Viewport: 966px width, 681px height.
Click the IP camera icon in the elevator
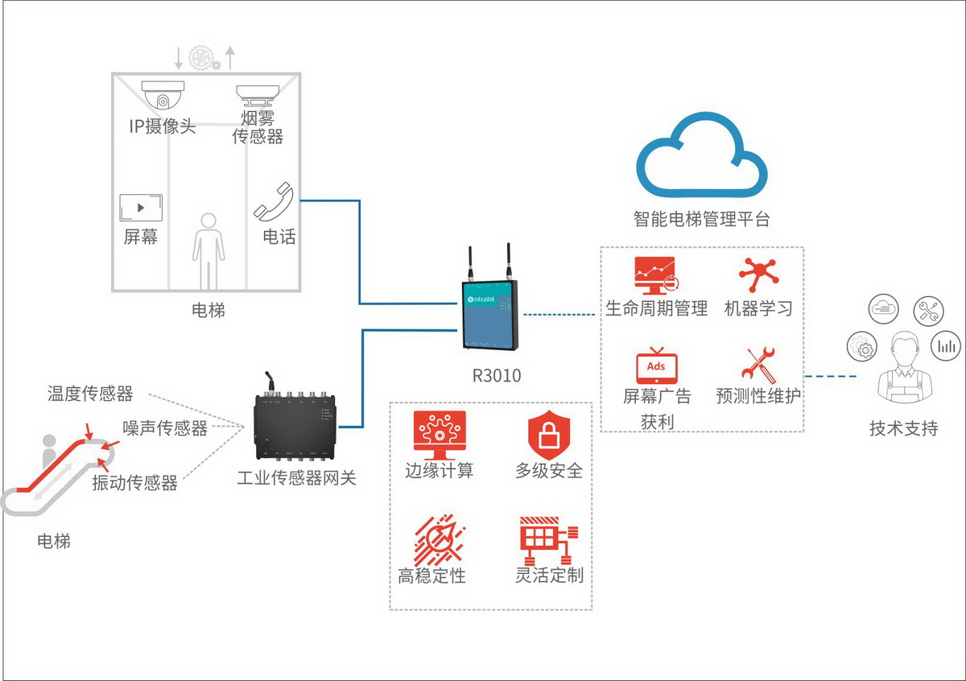point(164,96)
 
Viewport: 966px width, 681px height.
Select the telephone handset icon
point(275,201)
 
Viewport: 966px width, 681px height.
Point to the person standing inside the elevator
point(208,250)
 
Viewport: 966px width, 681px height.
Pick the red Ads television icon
point(657,369)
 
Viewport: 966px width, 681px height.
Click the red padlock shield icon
point(549,435)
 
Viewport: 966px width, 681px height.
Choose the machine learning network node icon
point(758,276)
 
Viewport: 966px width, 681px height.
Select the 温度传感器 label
point(89,394)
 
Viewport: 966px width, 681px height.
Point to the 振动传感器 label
point(134,483)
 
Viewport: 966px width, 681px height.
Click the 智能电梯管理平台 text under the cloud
point(701,219)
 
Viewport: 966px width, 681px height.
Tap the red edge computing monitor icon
point(440,435)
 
